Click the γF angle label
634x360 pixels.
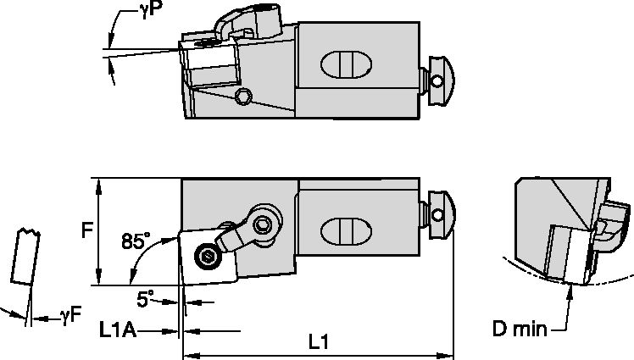click(70, 316)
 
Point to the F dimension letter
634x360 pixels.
click(85, 230)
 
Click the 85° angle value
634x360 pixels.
click(135, 241)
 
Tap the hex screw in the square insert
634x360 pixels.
click(206, 256)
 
